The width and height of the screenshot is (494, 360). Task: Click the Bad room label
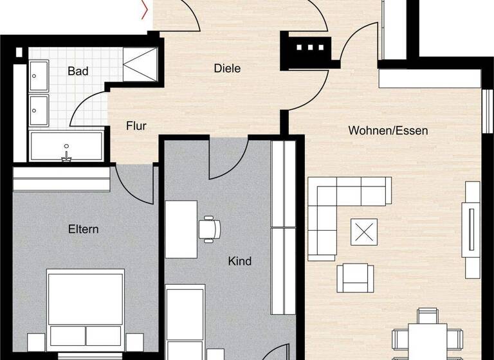click(78, 71)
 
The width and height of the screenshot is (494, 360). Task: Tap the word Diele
click(227, 67)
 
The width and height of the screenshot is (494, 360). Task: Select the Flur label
click(136, 126)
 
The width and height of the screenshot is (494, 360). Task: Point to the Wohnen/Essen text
click(388, 130)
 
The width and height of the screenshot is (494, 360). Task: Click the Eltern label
click(84, 229)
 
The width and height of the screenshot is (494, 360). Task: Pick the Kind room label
click(239, 261)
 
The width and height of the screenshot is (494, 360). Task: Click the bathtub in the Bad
click(66, 147)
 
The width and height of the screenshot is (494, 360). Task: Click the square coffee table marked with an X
click(363, 232)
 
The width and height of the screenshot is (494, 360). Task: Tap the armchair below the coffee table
click(356, 277)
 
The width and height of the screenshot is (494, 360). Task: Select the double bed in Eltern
click(86, 312)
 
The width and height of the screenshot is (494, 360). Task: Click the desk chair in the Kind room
click(209, 229)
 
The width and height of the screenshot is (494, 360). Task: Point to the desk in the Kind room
click(181, 229)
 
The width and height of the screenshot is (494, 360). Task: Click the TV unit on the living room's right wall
click(472, 230)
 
